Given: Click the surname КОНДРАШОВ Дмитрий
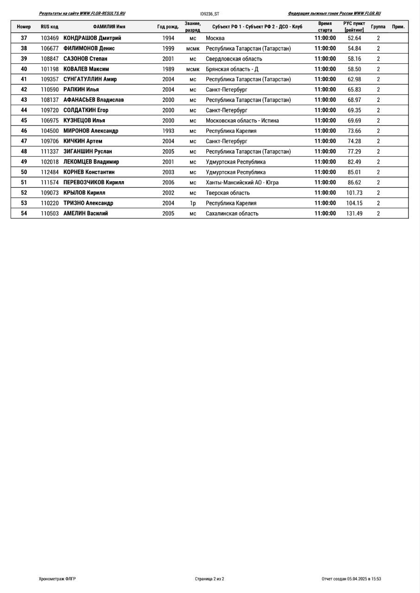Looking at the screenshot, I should click(x=92, y=38).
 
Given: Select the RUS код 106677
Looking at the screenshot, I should click(x=50, y=48).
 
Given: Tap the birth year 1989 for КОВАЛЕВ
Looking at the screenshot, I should click(x=168, y=69).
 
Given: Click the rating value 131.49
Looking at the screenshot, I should click(x=354, y=214).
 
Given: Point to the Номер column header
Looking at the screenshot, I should click(x=24, y=27).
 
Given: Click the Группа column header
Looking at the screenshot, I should click(x=378, y=27).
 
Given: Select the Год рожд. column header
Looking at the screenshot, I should click(x=168, y=27).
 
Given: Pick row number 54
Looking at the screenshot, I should click(x=24, y=214).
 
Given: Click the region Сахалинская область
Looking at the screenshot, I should click(x=232, y=214).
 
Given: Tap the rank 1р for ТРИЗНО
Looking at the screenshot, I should click(x=193, y=203).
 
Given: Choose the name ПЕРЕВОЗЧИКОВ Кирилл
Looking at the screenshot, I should click(x=94, y=183).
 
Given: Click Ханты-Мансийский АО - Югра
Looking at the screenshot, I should click(x=242, y=183).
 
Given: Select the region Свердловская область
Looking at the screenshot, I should click(x=234, y=59).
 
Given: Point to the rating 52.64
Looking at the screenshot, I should click(x=354, y=38).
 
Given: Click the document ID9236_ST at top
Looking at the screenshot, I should click(x=210, y=14).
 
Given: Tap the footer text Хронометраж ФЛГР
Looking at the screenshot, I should click(x=57, y=579).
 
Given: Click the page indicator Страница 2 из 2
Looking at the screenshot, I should click(x=210, y=579).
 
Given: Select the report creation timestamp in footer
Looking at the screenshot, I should click(x=351, y=579).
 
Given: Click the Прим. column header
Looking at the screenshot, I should click(x=398, y=27).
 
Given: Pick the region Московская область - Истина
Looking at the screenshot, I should click(x=242, y=120).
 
